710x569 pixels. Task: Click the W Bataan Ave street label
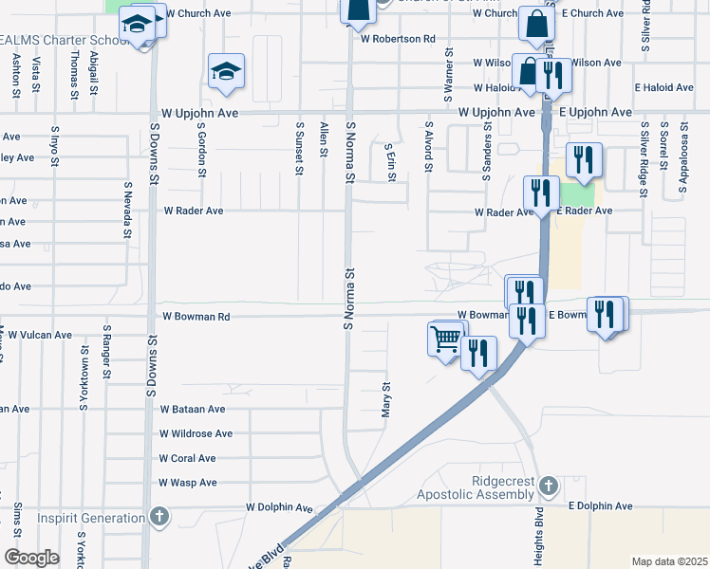pos(193,410)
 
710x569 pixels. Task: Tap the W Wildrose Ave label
pos(196,434)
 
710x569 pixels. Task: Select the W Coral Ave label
pos(188,458)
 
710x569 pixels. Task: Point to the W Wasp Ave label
pos(189,483)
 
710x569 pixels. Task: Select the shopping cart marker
pos(446,338)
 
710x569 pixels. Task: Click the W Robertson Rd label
pos(397,40)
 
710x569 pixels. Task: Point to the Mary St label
pos(386,399)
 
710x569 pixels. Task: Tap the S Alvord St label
pos(429,146)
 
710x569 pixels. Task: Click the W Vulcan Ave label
pos(36,335)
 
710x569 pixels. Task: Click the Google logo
pos(30,558)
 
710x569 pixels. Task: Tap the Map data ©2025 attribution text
pos(669,561)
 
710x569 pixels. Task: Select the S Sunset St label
pos(299,148)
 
